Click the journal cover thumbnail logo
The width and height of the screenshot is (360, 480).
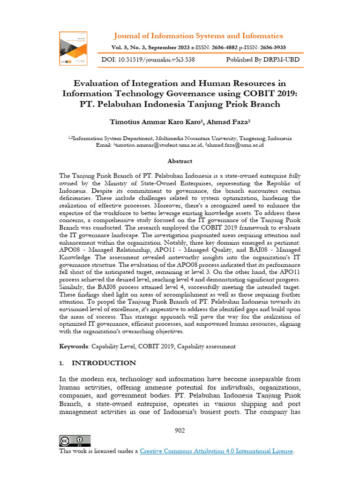73,48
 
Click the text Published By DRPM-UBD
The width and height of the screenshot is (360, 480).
262,60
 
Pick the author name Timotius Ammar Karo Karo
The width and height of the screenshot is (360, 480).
155,122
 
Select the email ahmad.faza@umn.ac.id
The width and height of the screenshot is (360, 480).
235,145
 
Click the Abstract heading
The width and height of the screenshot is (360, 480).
180,161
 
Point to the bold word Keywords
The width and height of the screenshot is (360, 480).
74,346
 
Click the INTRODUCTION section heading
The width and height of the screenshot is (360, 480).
104,363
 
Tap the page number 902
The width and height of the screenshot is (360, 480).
180,430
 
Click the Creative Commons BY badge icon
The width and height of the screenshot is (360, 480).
75,441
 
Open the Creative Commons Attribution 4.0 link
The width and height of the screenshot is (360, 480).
217,451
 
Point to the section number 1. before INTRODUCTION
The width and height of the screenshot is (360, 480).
62,363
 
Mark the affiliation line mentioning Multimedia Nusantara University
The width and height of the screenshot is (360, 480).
180,138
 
